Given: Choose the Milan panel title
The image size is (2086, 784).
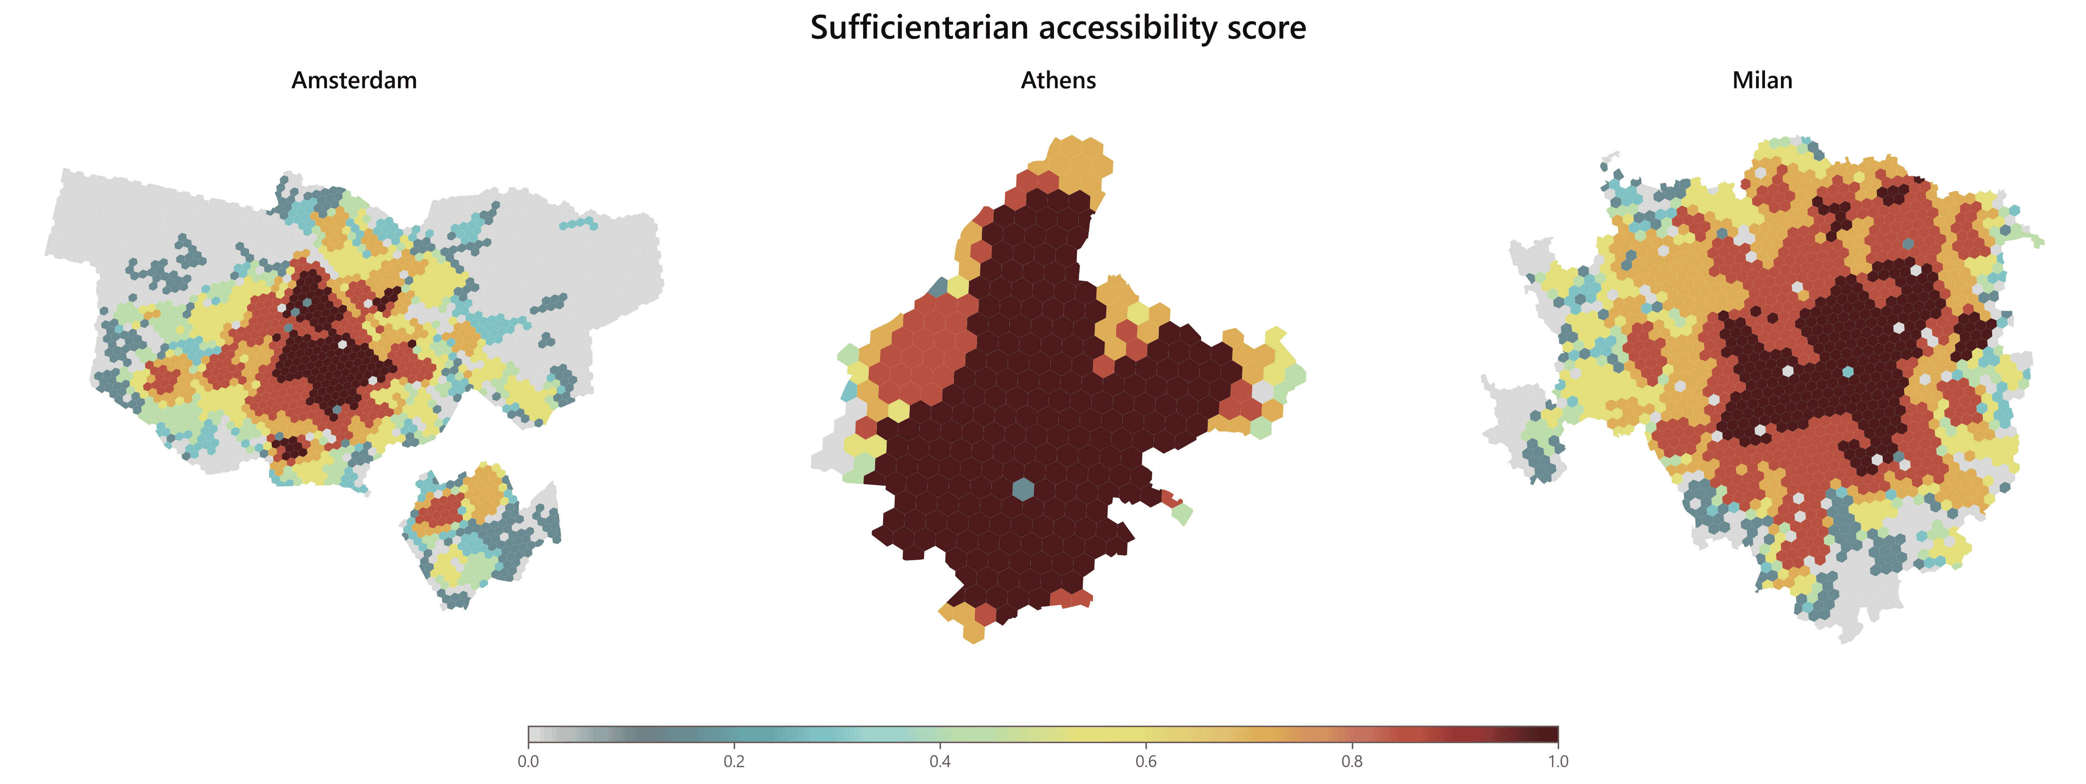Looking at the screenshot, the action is click(1762, 80).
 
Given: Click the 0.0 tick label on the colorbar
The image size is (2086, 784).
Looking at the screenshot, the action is click(528, 761).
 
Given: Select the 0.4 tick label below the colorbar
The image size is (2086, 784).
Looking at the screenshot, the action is click(940, 761).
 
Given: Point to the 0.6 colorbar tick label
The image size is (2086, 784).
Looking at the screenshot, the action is click(1146, 761).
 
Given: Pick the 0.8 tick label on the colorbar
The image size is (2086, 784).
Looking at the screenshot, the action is click(1351, 761).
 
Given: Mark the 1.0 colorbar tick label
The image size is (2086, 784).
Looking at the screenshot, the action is click(1558, 761).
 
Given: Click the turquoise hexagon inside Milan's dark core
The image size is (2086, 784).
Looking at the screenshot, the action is click(1847, 372).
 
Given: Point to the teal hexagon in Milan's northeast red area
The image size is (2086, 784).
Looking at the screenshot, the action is click(1908, 243).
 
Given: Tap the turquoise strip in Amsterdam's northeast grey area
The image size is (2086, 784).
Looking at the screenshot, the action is click(579, 222).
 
